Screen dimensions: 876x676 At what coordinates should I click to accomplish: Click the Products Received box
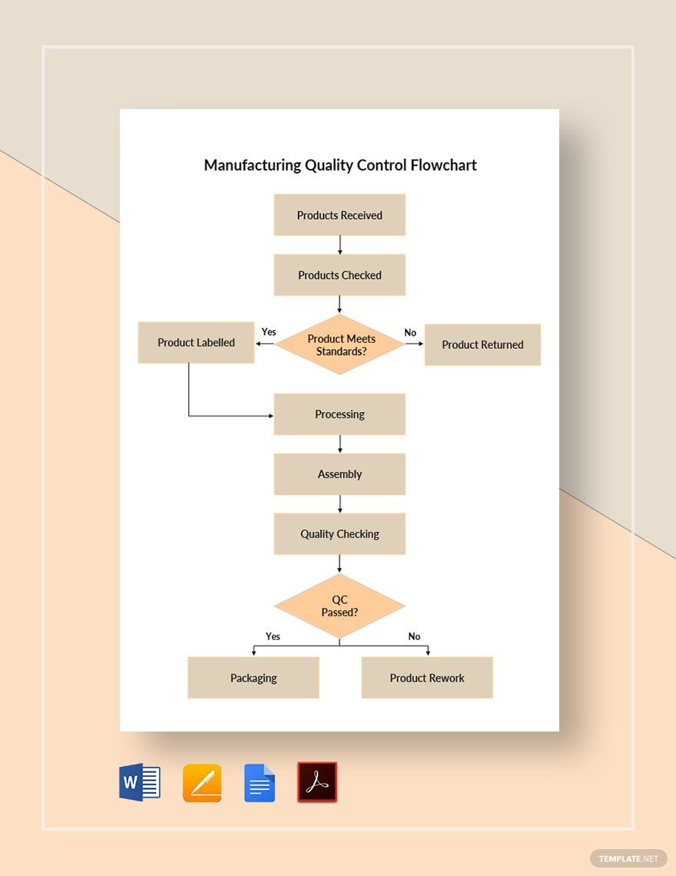[340, 215]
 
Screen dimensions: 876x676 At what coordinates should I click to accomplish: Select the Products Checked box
[340, 275]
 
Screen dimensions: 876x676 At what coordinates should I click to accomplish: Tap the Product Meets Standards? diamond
[340, 344]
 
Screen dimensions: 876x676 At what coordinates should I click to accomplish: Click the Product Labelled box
[196, 343]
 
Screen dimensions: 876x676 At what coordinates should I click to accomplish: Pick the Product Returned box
[482, 345]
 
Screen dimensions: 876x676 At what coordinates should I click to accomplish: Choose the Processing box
[340, 414]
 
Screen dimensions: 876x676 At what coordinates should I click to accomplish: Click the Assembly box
[340, 474]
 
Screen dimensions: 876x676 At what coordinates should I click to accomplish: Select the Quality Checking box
[340, 534]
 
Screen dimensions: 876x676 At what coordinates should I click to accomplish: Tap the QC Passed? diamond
[340, 606]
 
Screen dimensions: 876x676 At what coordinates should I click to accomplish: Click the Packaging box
[253, 678]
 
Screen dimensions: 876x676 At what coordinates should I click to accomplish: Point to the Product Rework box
[427, 678]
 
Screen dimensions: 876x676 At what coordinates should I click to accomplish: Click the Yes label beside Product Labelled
[269, 332]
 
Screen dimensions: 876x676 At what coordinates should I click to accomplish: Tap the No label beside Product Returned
[410, 333]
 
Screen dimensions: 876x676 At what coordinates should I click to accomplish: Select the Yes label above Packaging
[273, 636]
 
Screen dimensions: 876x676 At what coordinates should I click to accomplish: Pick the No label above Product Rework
[414, 636]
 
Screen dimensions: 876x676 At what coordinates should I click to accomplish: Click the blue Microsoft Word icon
[140, 783]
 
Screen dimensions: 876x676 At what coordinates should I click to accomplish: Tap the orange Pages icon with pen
[202, 783]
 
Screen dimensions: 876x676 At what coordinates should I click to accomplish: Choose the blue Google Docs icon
[260, 783]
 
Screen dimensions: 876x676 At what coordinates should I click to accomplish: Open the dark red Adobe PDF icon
[317, 783]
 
